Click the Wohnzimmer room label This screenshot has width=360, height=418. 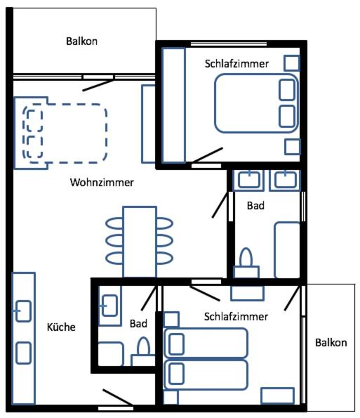(102, 183)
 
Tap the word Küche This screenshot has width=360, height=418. (61, 327)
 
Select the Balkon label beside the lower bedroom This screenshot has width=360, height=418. (331, 343)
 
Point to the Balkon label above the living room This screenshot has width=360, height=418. (81, 41)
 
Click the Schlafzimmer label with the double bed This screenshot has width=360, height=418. (236, 64)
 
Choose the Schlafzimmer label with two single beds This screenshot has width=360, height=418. (236, 317)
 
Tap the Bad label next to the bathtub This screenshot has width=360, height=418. (255, 206)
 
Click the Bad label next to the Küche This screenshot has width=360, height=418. (138, 324)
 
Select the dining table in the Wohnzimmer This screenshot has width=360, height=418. (140, 242)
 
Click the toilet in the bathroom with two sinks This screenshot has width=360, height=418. (246, 263)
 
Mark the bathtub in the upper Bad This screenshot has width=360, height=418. (287, 250)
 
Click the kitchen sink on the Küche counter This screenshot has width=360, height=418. (23, 311)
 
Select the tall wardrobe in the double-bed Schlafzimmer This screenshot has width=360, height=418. (173, 105)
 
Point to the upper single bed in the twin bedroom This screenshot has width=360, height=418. (206, 344)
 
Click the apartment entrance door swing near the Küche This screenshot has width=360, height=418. (118, 398)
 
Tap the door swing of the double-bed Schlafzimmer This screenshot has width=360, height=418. (207, 155)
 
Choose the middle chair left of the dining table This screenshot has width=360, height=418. (114, 241)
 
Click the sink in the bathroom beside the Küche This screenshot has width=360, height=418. (109, 306)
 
